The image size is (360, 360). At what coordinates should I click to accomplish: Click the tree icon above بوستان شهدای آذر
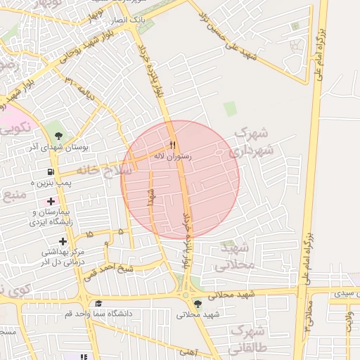(58, 136)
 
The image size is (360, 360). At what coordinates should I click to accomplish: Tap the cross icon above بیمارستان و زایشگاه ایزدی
(51, 202)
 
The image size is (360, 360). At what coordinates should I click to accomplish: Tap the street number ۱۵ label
(89, 234)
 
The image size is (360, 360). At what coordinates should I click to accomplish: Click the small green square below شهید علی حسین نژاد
(230, 108)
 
